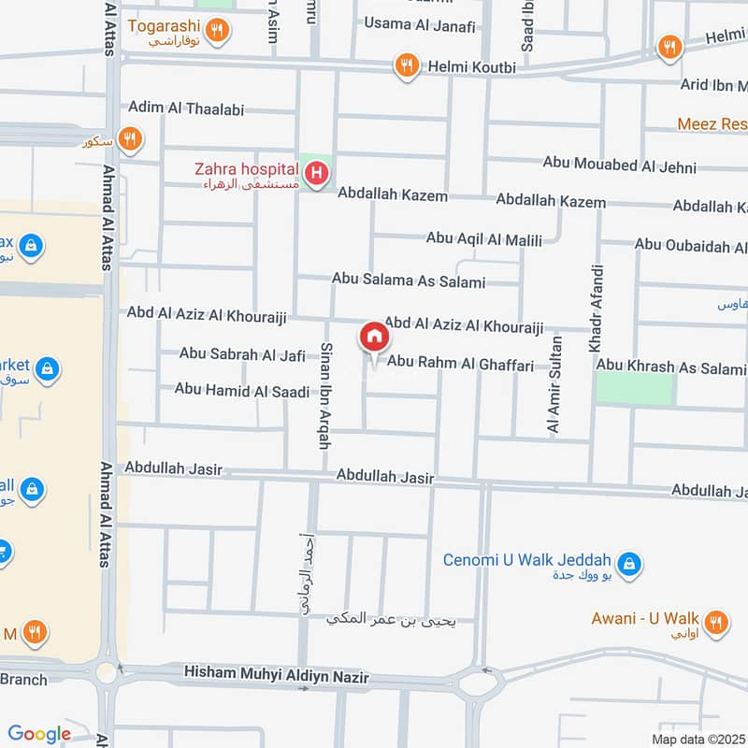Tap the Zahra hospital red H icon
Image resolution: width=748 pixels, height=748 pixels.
coord(318,173)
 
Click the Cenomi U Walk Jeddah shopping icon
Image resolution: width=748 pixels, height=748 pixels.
coord(630,562)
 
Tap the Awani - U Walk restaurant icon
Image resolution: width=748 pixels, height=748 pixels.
coord(716,622)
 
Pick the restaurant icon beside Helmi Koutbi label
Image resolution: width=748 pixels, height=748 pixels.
coord(406,65)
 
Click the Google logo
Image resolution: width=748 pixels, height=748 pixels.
coord(39,734)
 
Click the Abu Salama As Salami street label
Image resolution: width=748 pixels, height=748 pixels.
coord(409,280)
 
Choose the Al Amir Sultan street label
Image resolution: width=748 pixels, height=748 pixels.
coord(554,382)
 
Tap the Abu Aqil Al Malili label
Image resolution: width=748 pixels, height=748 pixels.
coord(483,240)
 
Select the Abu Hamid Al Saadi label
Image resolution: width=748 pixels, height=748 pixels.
coord(241,390)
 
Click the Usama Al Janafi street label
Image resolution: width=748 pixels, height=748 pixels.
coord(419,23)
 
